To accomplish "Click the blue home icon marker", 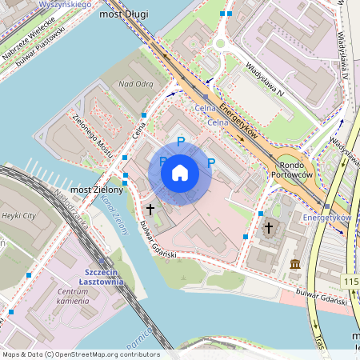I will pyautogui.click(x=180, y=172).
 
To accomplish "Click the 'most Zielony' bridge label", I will pyautogui.click(x=97, y=190).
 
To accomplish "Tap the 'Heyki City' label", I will pyautogui.click(x=20, y=215).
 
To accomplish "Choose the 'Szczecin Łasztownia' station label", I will pyautogui.click(x=101, y=278).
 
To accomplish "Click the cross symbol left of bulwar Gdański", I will pyautogui.click(x=150, y=210).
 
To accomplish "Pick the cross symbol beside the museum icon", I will pyautogui.click(x=269, y=228).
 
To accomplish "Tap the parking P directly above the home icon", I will pyautogui.click(x=181, y=142).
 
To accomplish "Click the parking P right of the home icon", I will pyautogui.click(x=211, y=163).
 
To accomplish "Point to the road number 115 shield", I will pyautogui.click(x=350, y=282).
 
